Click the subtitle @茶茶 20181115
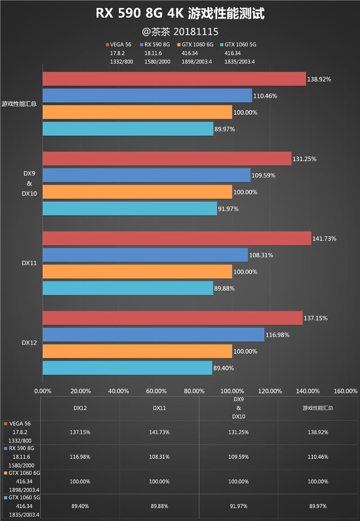[180, 31]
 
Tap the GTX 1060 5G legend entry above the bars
[238, 45]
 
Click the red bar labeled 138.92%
[174, 79]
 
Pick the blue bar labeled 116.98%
[153, 335]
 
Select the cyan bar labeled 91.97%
[130, 208]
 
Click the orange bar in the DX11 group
[137, 272]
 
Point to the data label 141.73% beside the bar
[324, 238]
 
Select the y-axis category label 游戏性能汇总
[19, 103]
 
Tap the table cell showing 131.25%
[238, 432]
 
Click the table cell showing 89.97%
[318, 506]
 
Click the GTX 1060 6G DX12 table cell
[81, 481]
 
